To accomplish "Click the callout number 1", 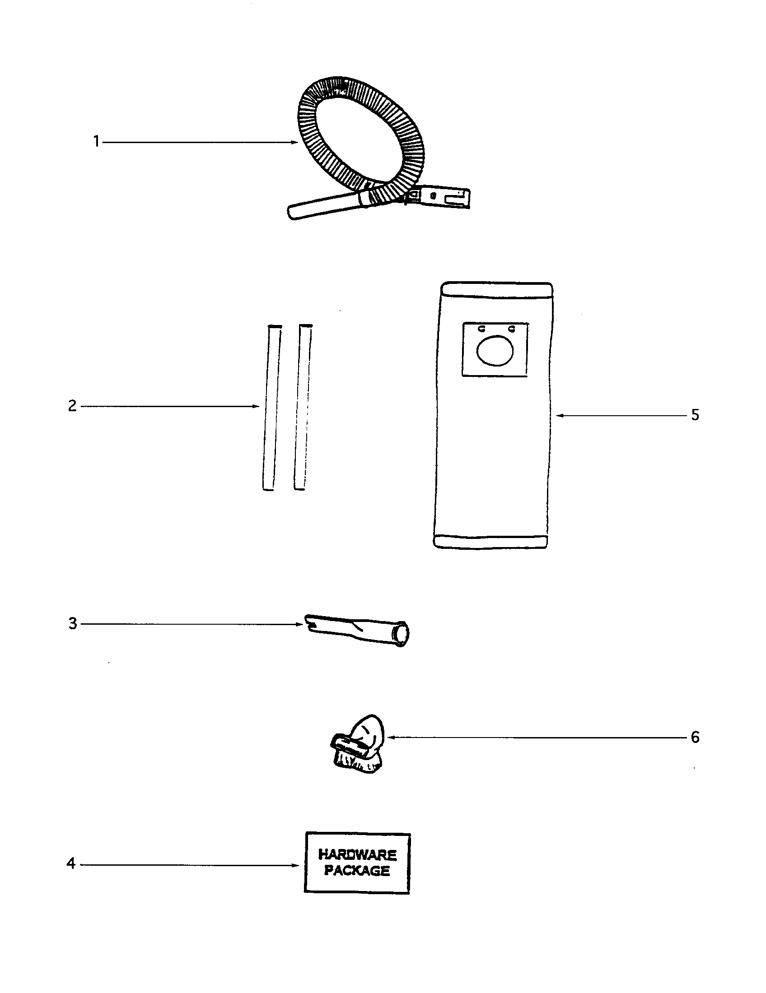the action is [97, 142].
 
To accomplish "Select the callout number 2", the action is [72, 406].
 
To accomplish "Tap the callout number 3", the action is [73, 623].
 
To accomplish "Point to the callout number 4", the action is [71, 863].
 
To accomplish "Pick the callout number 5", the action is [695, 415].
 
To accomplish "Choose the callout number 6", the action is [695, 737].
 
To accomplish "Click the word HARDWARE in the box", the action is [358, 855].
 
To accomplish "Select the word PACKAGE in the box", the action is [357, 871].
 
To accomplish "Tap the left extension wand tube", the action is [271, 408].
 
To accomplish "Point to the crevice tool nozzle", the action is [357, 630].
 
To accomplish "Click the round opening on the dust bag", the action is [495, 350].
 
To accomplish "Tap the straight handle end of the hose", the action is [325, 207].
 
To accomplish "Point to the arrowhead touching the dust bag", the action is [560, 415].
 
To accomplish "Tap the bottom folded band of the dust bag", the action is [490, 541].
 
